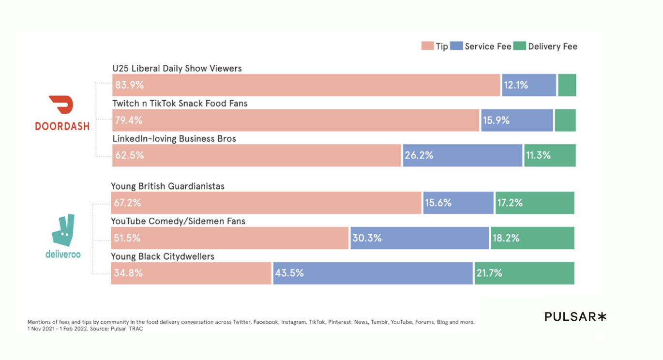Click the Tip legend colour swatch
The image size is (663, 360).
[x=427, y=46]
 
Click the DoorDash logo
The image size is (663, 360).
[x=62, y=113]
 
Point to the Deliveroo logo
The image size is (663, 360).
[x=63, y=236]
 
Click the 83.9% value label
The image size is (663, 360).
[x=130, y=86]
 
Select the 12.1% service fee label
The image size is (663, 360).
[x=516, y=86]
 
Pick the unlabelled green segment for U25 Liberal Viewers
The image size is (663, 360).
[x=567, y=85]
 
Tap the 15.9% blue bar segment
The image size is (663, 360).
[x=516, y=120]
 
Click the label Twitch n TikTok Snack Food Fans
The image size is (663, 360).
[x=180, y=104]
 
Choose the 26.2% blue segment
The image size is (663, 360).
[x=462, y=155]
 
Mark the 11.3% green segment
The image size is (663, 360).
[x=550, y=155]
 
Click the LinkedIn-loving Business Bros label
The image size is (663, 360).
[x=174, y=139]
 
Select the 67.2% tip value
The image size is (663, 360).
[x=128, y=203]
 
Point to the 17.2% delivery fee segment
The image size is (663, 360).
[x=534, y=203]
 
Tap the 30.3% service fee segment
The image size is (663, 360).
[x=419, y=238]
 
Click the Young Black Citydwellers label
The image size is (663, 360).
[x=163, y=256]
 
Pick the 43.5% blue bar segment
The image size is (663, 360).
[x=373, y=273]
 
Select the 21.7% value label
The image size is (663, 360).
[x=489, y=273]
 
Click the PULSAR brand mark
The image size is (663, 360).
[x=575, y=317]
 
